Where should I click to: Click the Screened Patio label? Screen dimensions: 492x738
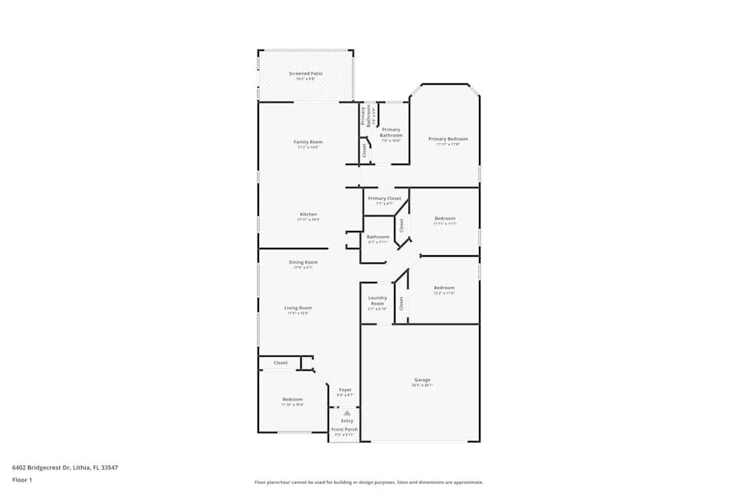tap(306, 74)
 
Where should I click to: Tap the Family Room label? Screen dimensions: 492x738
tap(308, 142)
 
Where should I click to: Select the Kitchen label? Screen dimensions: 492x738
tap(308, 215)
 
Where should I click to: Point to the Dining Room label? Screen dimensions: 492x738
tap(303, 262)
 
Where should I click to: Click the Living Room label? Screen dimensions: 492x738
tap(299, 308)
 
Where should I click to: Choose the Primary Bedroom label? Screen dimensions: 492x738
tap(448, 139)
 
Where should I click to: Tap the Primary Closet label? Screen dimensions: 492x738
tap(384, 198)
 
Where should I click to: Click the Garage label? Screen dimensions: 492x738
tap(421, 380)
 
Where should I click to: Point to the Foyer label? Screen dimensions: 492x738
tap(345, 389)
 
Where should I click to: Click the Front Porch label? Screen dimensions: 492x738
tap(344, 429)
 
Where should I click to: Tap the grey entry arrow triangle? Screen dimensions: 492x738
tap(347, 413)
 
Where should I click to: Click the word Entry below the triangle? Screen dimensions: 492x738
tap(347, 421)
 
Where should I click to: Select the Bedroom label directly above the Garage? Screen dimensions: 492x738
tap(444, 288)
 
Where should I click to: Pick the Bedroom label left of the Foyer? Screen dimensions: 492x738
tap(292, 399)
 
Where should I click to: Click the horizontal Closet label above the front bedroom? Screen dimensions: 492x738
tap(280, 363)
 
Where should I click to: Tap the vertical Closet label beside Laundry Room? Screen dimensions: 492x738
tap(401, 302)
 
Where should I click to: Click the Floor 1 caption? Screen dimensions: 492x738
tap(22, 479)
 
